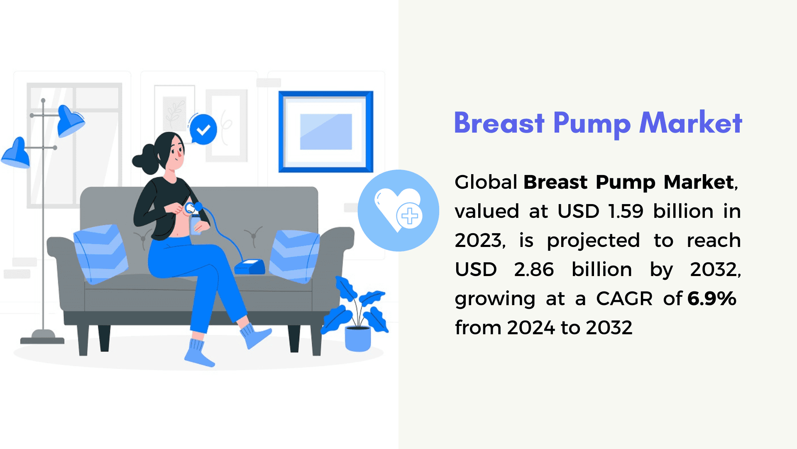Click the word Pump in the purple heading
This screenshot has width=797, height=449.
point(592,124)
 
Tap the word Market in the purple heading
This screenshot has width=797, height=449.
point(691,123)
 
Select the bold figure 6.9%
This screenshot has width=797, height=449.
point(712,299)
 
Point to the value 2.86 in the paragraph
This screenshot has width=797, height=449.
point(534,269)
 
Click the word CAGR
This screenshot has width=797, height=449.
point(624,299)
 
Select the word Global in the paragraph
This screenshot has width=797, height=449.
point(486,182)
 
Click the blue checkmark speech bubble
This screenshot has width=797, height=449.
point(203,129)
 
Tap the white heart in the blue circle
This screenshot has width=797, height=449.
point(392,207)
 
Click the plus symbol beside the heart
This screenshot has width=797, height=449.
point(410,216)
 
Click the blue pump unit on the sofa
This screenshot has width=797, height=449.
point(250,266)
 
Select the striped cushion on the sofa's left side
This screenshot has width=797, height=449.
point(100,254)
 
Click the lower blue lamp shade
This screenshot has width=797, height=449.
point(16,153)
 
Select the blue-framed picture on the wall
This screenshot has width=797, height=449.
point(326,132)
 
